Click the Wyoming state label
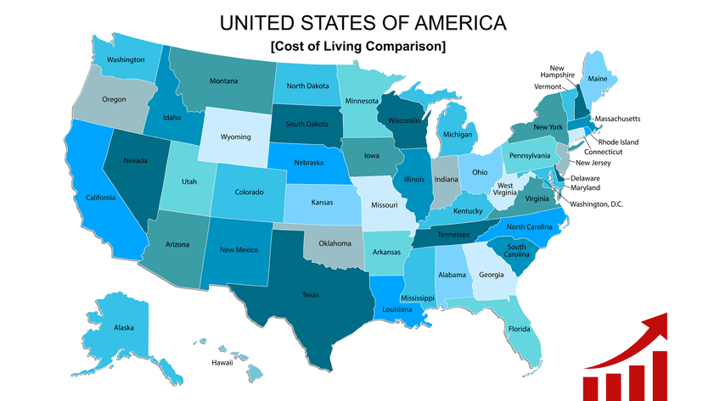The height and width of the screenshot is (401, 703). (234, 136)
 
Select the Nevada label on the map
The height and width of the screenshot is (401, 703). (133, 161)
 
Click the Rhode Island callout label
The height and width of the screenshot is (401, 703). (617, 142)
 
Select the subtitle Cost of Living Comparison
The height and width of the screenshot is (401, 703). (357, 46)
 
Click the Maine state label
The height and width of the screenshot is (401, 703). (598, 79)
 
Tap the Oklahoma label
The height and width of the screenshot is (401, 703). (335, 244)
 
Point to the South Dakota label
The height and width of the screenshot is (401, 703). (307, 125)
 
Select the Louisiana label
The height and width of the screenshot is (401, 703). (396, 310)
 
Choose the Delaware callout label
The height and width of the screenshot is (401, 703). (584, 178)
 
